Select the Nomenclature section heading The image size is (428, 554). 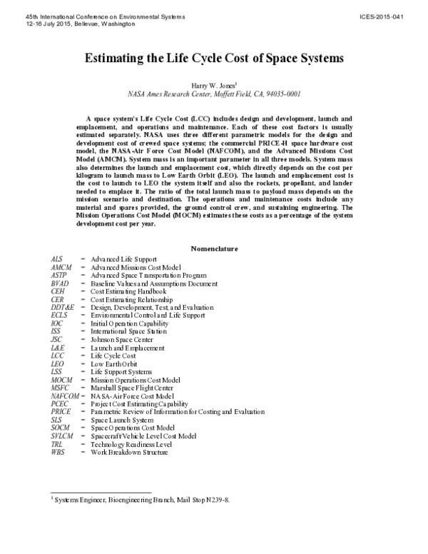pos(213,248)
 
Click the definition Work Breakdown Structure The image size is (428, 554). pos(130,452)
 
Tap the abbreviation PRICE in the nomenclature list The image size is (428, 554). pos(61,412)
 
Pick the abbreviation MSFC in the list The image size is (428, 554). pos(60,388)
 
